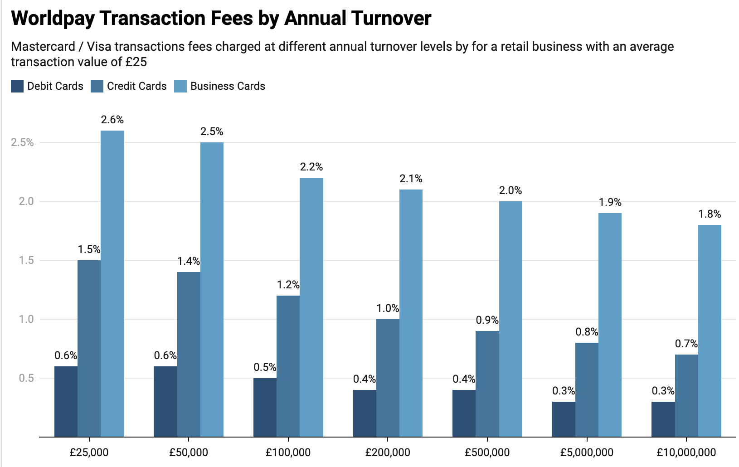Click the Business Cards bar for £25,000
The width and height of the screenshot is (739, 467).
pyautogui.click(x=112, y=283)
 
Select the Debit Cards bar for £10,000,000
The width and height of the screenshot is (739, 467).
pyautogui.click(x=663, y=419)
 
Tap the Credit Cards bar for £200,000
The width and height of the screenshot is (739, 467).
pyautogui.click(x=388, y=378)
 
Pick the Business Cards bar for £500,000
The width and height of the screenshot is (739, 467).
pyautogui.click(x=510, y=319)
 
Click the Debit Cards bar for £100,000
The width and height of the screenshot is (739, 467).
pyautogui.click(x=265, y=407)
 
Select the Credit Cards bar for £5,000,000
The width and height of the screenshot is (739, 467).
pyautogui.click(x=587, y=389)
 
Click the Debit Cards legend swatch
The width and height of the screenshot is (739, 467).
pyautogui.click(x=17, y=86)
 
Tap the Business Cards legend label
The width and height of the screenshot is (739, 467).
pyautogui.click(x=228, y=86)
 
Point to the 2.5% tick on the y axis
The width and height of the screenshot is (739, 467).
pyautogui.click(x=22, y=142)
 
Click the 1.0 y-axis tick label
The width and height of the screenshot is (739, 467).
pyautogui.click(x=26, y=319)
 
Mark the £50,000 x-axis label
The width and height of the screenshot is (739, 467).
pyautogui.click(x=189, y=452)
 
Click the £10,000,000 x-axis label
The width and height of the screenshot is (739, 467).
pyautogui.click(x=686, y=452)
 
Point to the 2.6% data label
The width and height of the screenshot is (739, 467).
pyautogui.click(x=112, y=120)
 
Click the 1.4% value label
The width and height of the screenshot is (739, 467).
pyautogui.click(x=188, y=261)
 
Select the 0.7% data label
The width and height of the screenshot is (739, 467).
pyautogui.click(x=686, y=344)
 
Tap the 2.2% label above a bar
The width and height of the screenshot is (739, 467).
pyautogui.click(x=311, y=167)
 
